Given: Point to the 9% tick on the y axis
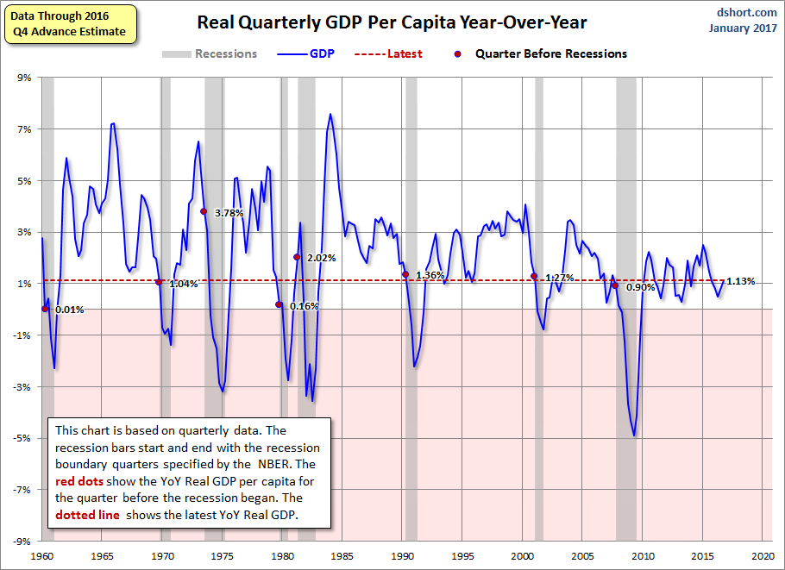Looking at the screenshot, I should [x=23, y=78].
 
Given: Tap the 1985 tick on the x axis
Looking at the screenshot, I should [x=342, y=557].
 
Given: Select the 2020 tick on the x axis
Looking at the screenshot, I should [x=762, y=557].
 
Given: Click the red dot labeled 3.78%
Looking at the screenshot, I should [x=204, y=211].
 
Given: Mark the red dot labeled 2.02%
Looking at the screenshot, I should [x=297, y=257].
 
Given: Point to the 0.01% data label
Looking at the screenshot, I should [x=69, y=310].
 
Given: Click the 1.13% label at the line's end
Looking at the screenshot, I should [x=740, y=281].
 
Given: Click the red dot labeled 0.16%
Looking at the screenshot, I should [x=279, y=304].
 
